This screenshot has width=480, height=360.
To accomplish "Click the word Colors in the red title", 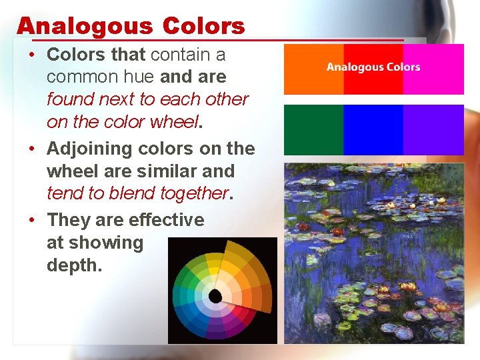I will pyautogui.click(x=203, y=26).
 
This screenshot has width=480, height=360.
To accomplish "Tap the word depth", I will pyautogui.click(x=73, y=265).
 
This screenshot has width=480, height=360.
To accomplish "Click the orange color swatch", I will pyautogui.click(x=313, y=69).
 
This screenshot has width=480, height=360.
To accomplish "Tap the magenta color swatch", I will pyautogui.click(x=433, y=69).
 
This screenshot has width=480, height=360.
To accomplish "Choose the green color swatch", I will pyautogui.click(x=313, y=129).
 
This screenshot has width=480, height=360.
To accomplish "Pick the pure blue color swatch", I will pyautogui.click(x=373, y=129).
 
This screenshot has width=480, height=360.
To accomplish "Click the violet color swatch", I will pyautogui.click(x=433, y=129).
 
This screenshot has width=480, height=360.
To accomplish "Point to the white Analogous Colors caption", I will pyautogui.click(x=373, y=67).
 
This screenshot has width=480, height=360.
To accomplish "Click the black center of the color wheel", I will pyautogui.click(x=215, y=295).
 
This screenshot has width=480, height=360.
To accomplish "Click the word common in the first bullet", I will pyautogui.click(x=79, y=77).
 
